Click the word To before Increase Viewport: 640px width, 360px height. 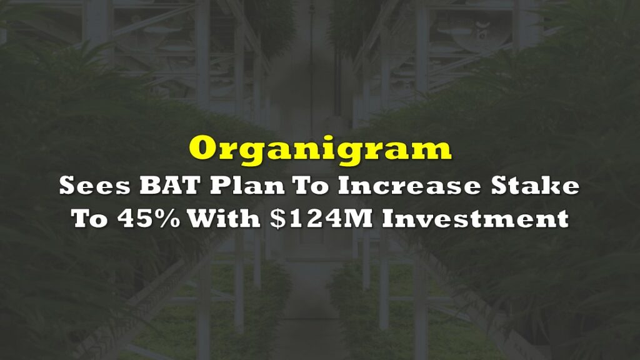tap(311, 186)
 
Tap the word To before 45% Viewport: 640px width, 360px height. tap(89, 218)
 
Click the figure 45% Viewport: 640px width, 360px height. tap(149, 218)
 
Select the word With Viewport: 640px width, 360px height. tap(224, 218)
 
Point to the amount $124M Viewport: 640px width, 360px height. tap(321, 218)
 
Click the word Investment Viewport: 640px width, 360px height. tap(476, 218)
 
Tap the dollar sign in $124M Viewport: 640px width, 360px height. tap(277, 218)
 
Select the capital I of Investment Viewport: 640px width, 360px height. tap(390, 218)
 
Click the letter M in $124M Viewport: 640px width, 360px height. tap(358, 218)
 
